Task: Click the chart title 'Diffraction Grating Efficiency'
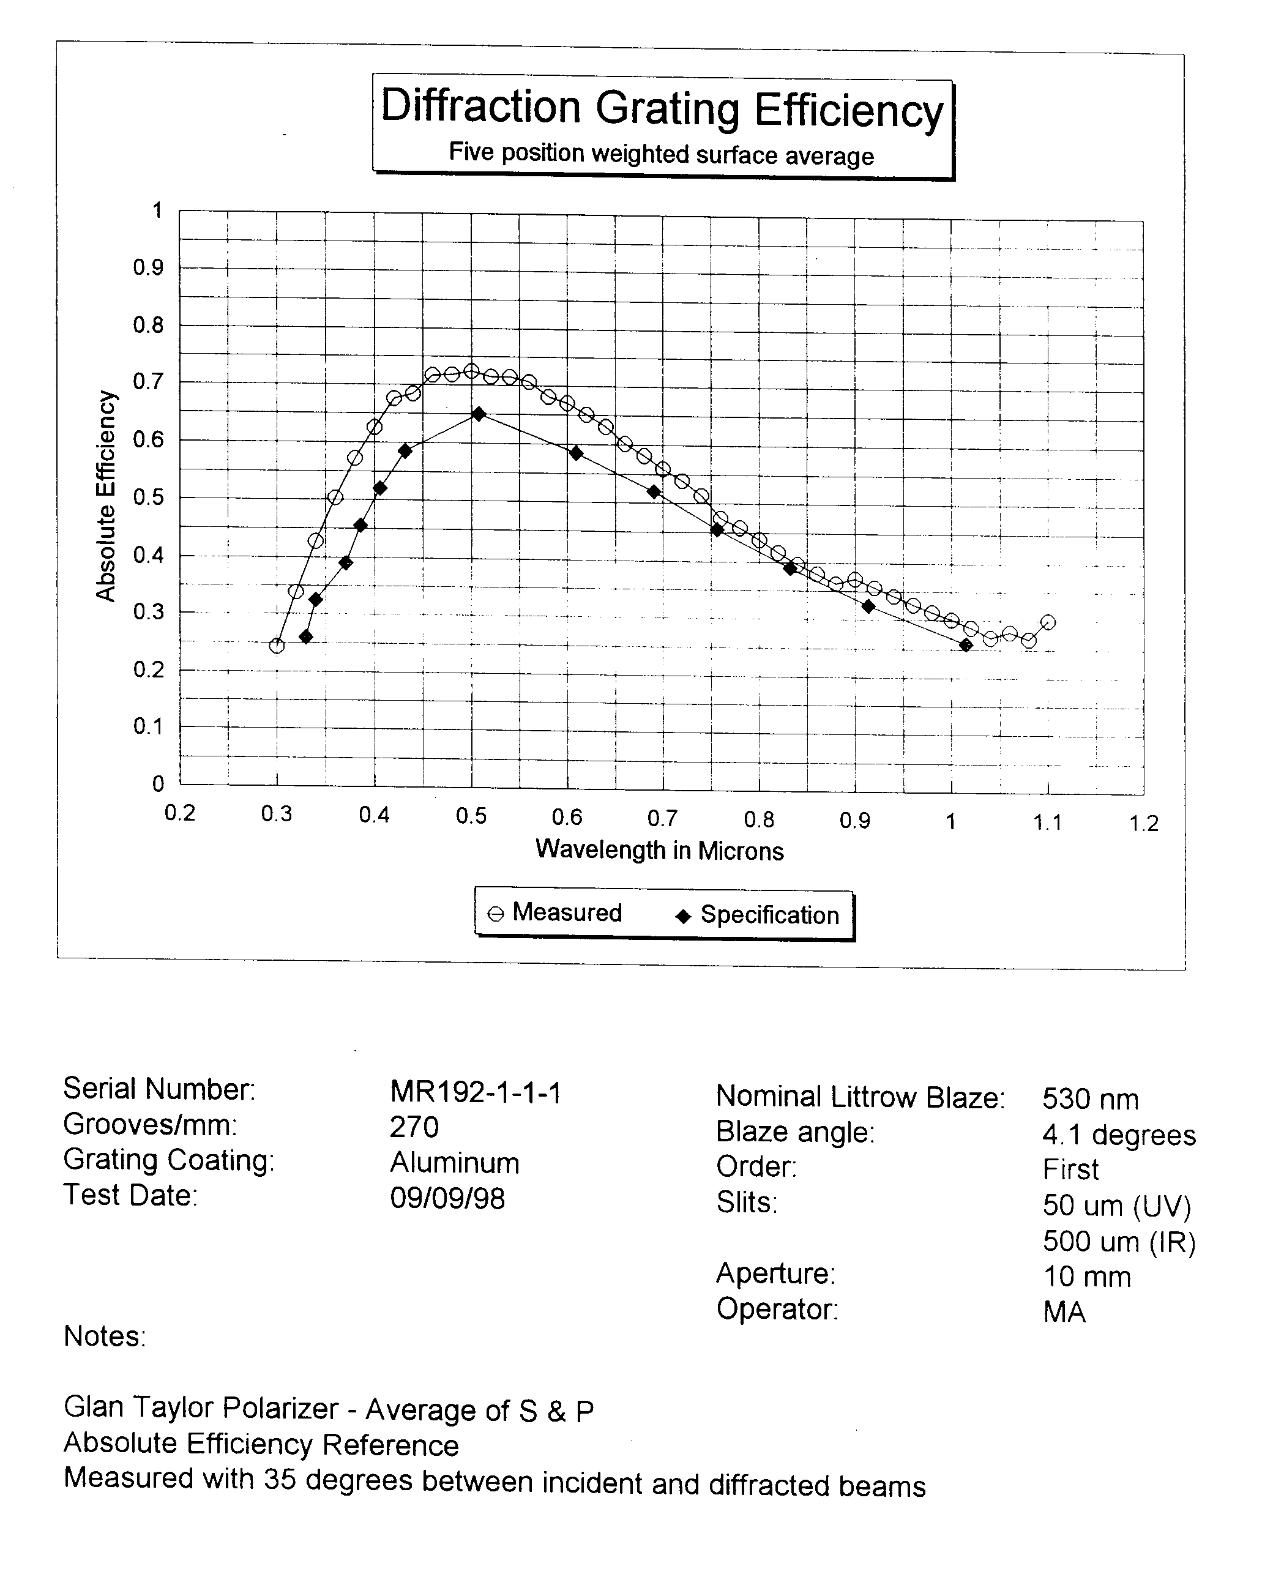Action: [662, 109]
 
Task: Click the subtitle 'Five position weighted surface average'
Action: [661, 154]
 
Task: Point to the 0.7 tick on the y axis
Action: [149, 382]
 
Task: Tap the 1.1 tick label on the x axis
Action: [1047, 822]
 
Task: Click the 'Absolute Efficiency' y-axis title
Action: [106, 496]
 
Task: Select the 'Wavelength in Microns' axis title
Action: [659, 850]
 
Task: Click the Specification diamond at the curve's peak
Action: [478, 414]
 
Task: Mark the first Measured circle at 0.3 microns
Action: [277, 646]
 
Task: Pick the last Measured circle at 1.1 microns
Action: [1048, 622]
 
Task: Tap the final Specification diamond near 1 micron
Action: [966, 646]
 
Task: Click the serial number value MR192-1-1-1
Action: [476, 1092]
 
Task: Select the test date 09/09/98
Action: [447, 1198]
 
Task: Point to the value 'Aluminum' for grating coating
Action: [455, 1163]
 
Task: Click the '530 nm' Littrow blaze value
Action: [1090, 1099]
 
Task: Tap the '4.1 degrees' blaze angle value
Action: [1118, 1135]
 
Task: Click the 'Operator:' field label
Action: [777, 1309]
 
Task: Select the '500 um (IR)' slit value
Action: [1118, 1242]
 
